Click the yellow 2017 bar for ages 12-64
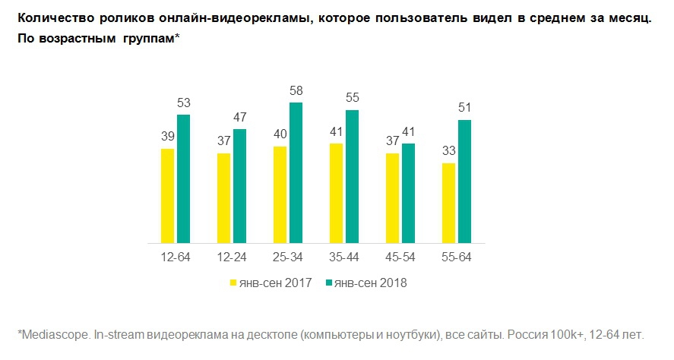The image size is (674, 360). click(x=167, y=196)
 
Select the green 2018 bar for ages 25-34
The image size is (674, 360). click(x=296, y=172)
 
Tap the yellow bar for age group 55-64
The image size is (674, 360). click(x=448, y=203)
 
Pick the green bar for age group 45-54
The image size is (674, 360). click(x=408, y=193)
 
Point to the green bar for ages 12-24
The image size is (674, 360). click(x=239, y=186)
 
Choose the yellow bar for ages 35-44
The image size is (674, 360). click(x=335, y=193)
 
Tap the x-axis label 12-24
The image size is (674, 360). click(x=232, y=257)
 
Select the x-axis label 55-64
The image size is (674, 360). click(x=456, y=257)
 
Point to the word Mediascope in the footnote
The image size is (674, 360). click(x=52, y=334)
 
